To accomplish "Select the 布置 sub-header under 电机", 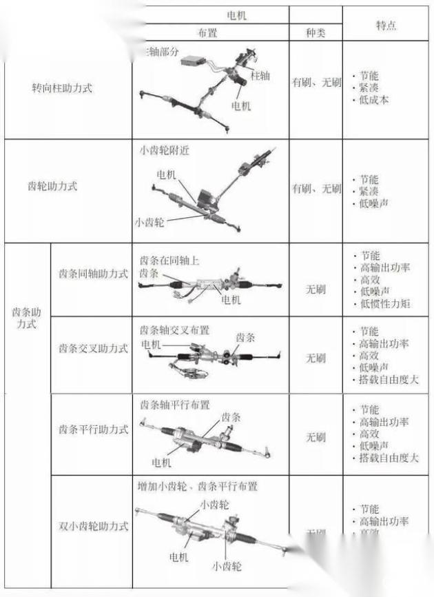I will [x=211, y=32].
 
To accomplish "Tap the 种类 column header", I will [x=315, y=32].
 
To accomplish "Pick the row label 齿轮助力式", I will [x=52, y=186].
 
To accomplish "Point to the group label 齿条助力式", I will [x=27, y=318].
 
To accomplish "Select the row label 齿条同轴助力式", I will [x=93, y=274].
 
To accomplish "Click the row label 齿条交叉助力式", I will [x=93, y=348].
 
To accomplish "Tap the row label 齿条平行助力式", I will [x=93, y=429].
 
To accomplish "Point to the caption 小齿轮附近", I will [x=164, y=152].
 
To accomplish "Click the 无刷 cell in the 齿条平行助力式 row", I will [x=316, y=437].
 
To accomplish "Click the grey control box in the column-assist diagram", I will [x=194, y=62].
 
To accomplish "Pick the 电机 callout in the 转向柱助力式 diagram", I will [x=241, y=105].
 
